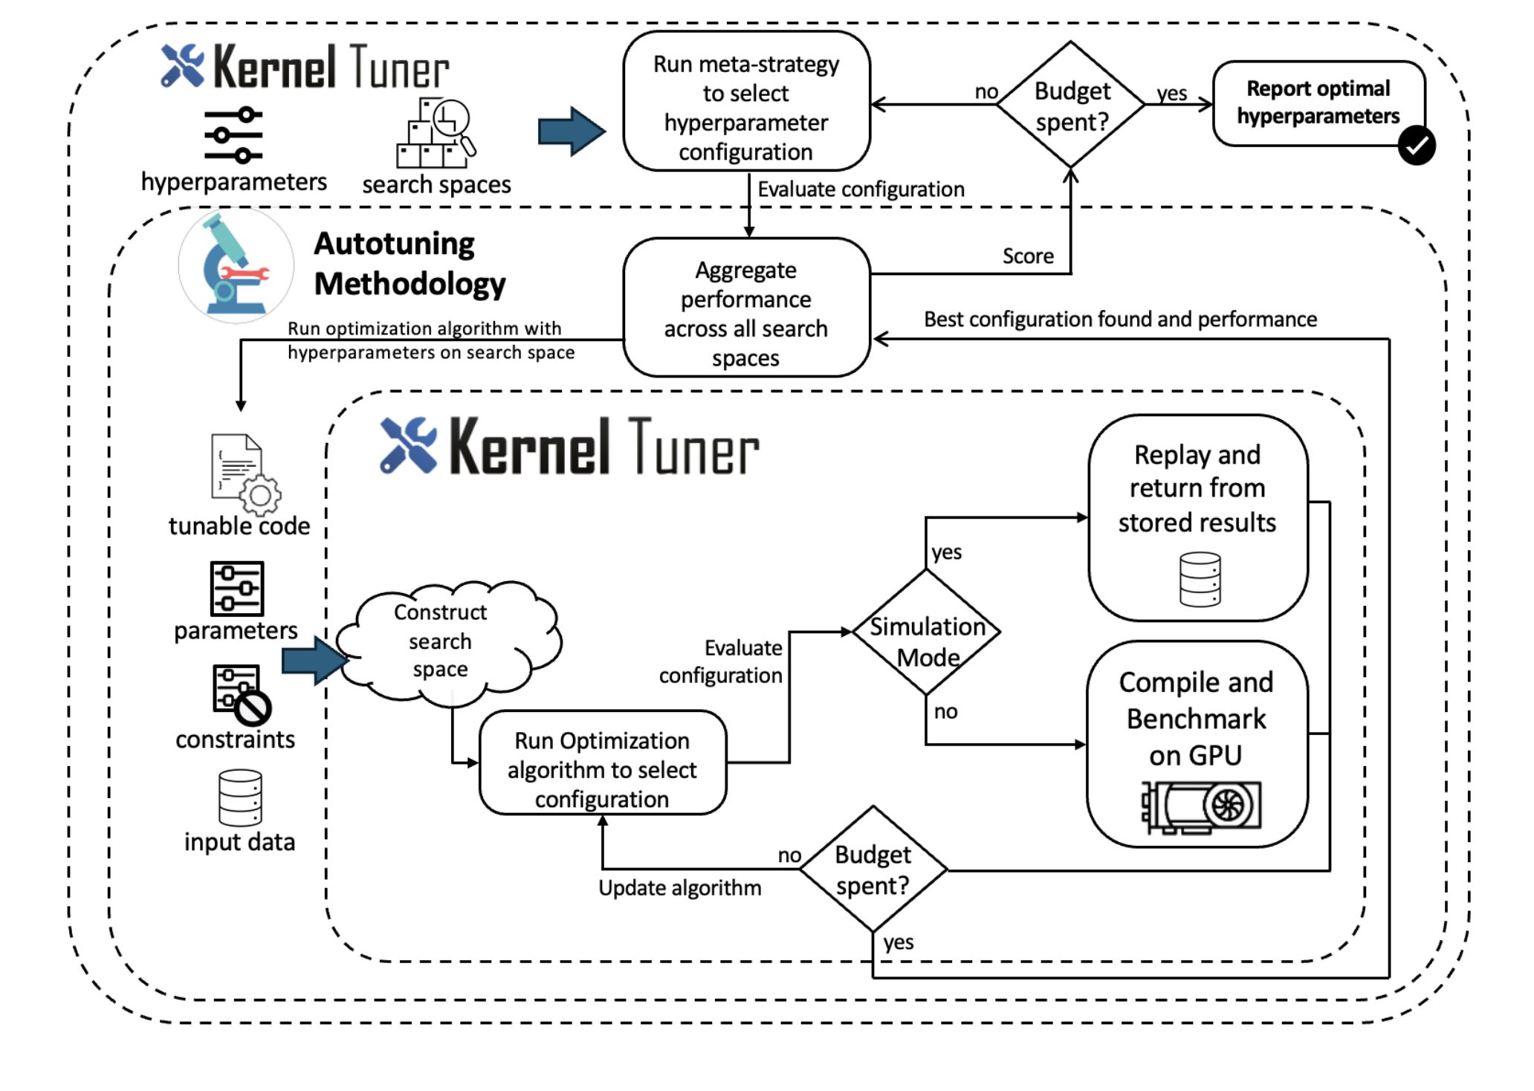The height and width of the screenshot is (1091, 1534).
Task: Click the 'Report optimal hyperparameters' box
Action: point(1318,103)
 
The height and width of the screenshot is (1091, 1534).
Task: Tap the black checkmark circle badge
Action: point(1416,146)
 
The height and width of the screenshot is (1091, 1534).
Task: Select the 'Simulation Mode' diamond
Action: point(927,632)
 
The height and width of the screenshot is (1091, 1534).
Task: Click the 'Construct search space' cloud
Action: point(442,641)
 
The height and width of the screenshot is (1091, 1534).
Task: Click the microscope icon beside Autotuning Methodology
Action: point(235,265)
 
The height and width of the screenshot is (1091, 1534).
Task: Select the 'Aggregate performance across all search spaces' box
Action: point(746,308)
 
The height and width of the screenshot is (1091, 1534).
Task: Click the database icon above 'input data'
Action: point(240,797)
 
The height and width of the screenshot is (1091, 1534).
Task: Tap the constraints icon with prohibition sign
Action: point(241,694)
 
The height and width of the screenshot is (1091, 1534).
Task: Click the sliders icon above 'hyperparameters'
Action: point(233,135)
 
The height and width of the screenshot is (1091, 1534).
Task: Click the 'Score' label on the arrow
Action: point(1028,256)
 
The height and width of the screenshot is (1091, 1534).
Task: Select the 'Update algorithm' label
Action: point(679,888)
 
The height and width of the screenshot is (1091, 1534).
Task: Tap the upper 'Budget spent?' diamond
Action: point(1070,105)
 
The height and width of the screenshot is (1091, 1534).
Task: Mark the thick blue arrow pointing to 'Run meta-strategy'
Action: point(572,132)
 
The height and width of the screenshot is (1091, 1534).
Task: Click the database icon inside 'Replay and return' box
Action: point(1200,579)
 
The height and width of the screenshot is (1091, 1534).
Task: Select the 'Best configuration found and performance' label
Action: point(1120,320)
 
